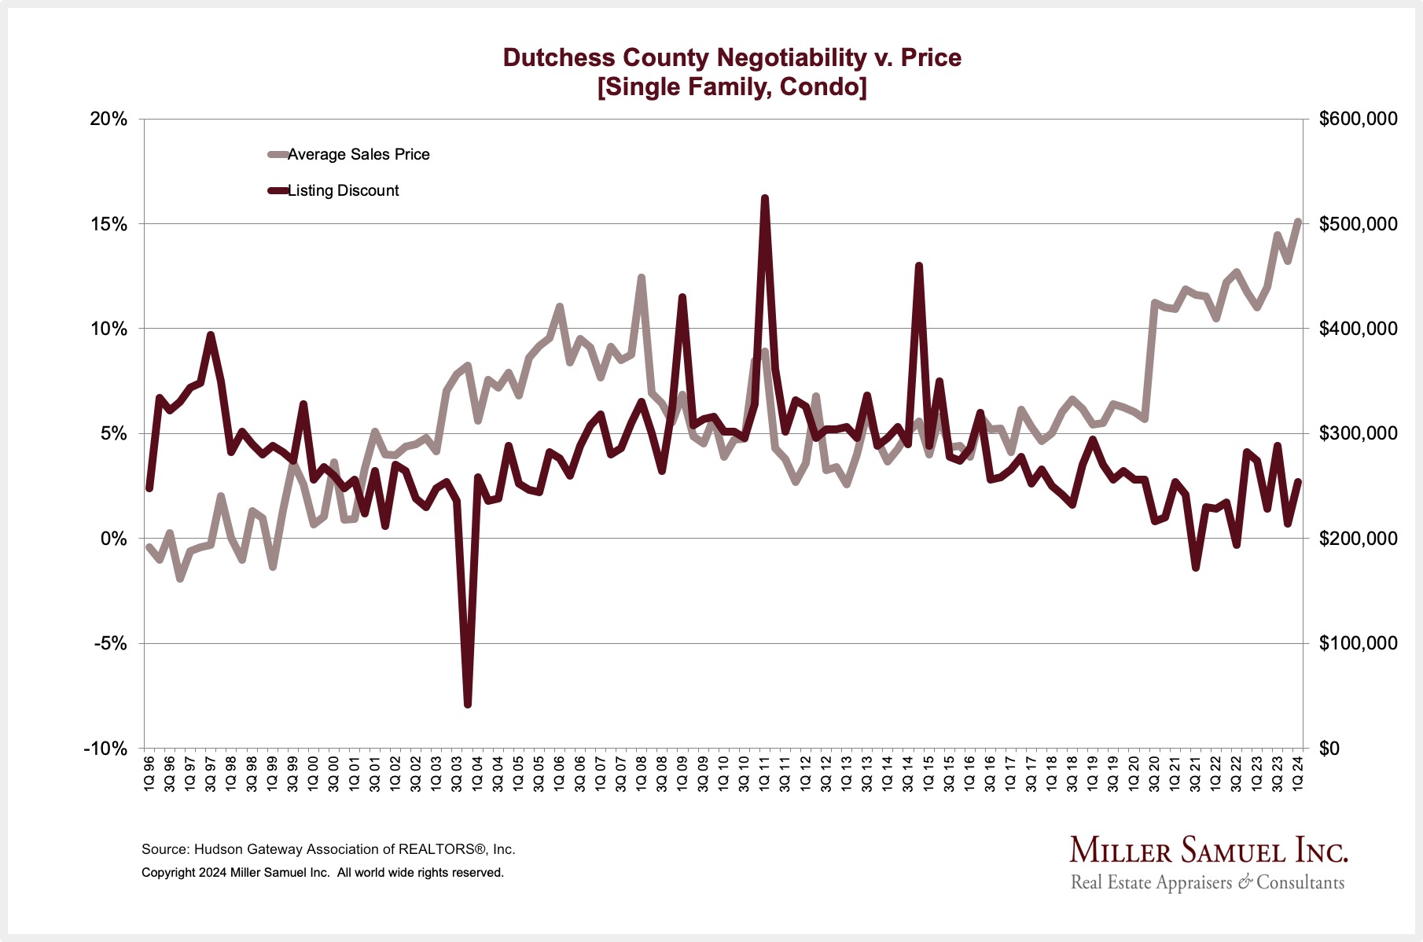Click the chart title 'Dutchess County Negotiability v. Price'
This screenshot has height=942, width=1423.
732,57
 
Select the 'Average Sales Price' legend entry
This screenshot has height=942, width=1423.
358,154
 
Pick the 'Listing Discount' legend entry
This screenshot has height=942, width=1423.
343,190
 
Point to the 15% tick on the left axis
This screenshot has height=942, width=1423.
108,224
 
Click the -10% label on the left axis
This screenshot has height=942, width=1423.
105,748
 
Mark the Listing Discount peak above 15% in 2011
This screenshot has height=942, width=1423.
764,199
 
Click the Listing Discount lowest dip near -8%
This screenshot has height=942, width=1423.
468,704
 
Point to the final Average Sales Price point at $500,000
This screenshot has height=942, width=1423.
1298,223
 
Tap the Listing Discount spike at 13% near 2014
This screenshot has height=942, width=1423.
918,267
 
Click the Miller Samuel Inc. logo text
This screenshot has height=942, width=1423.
1208,852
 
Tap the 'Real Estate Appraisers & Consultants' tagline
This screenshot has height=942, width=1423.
1208,882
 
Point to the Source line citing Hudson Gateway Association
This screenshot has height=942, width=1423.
328,849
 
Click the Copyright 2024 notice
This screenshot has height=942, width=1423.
322,873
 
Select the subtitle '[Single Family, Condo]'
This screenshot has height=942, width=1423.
732,86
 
